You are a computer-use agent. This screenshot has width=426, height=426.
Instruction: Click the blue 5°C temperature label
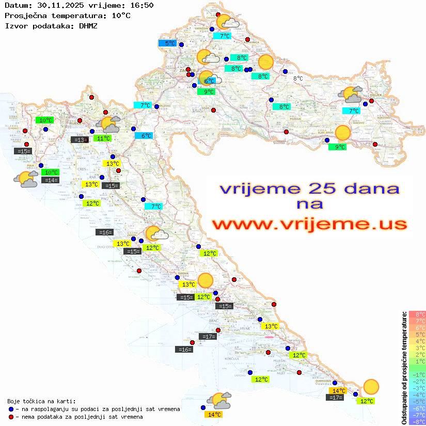(168, 43)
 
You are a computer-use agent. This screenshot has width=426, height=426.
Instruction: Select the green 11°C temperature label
(103, 138)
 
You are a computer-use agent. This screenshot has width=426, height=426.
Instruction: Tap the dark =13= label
(80, 139)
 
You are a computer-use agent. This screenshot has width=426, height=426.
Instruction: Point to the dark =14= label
(51, 180)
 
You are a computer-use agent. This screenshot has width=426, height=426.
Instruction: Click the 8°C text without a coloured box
(298, 78)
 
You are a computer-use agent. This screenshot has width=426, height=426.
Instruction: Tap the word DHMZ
(88, 25)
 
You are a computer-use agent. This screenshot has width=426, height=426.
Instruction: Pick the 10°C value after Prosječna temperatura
(121, 15)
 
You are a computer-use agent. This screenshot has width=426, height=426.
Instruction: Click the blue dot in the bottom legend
(11, 409)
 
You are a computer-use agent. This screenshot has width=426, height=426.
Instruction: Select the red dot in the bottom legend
(11, 417)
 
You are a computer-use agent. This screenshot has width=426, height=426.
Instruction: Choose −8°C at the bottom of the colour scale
(417, 422)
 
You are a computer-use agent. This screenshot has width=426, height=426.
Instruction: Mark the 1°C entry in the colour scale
(417, 361)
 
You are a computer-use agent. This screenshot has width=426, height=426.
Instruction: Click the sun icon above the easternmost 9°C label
(342, 133)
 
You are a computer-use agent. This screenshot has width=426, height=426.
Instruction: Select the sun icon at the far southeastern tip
(371, 387)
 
